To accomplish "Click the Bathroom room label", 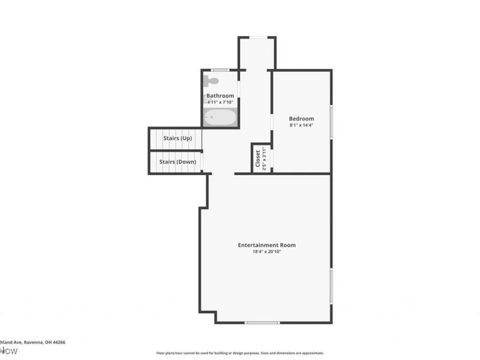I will coord(220,96).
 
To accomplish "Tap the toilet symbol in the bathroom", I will coord(211,80).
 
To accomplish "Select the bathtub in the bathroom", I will coord(220,118).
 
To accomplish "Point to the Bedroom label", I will coord(301,119).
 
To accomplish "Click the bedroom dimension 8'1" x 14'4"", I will coord(301,125).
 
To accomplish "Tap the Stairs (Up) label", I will coord(178,139).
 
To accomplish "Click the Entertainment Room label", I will coord(266,245).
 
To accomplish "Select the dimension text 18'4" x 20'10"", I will coord(266,252).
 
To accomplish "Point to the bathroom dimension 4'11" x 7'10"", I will coord(220,102).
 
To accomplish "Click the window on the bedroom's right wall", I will coord(331,122).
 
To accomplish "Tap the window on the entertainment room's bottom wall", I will coord(262,323).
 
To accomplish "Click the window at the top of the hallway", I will coord(258,37).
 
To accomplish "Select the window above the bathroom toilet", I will coord(220,70).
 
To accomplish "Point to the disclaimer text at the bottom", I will coord(240,353).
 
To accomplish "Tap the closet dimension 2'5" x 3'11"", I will coord(263,159).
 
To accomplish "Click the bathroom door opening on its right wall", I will coord(239,89).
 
